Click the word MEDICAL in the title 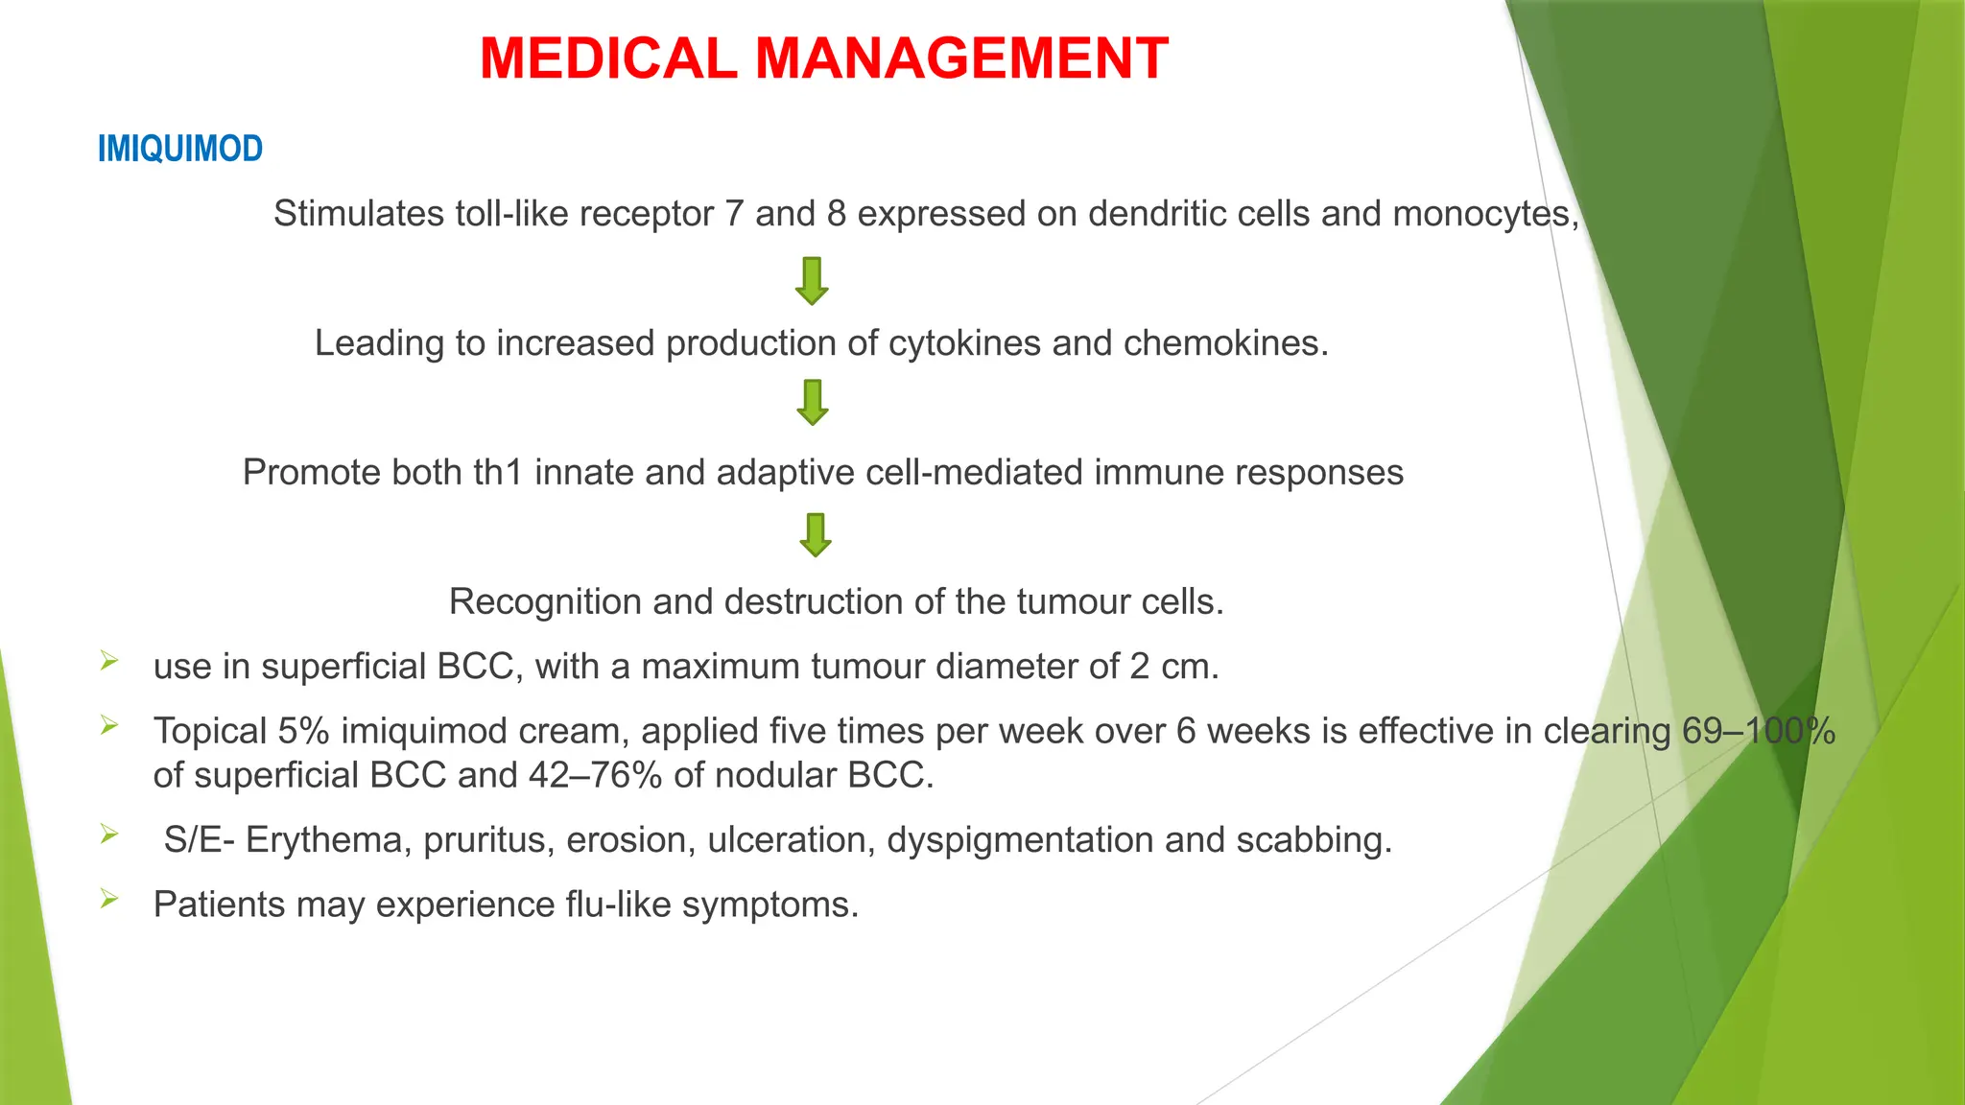click(608, 59)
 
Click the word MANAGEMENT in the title click(961, 59)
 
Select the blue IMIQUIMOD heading click(180, 150)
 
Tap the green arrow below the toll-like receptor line click(812, 280)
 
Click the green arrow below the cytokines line click(813, 402)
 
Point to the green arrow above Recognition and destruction click(816, 534)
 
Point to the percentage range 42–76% click(595, 775)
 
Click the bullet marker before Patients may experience click(109, 900)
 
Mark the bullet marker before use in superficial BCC click(109, 661)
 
